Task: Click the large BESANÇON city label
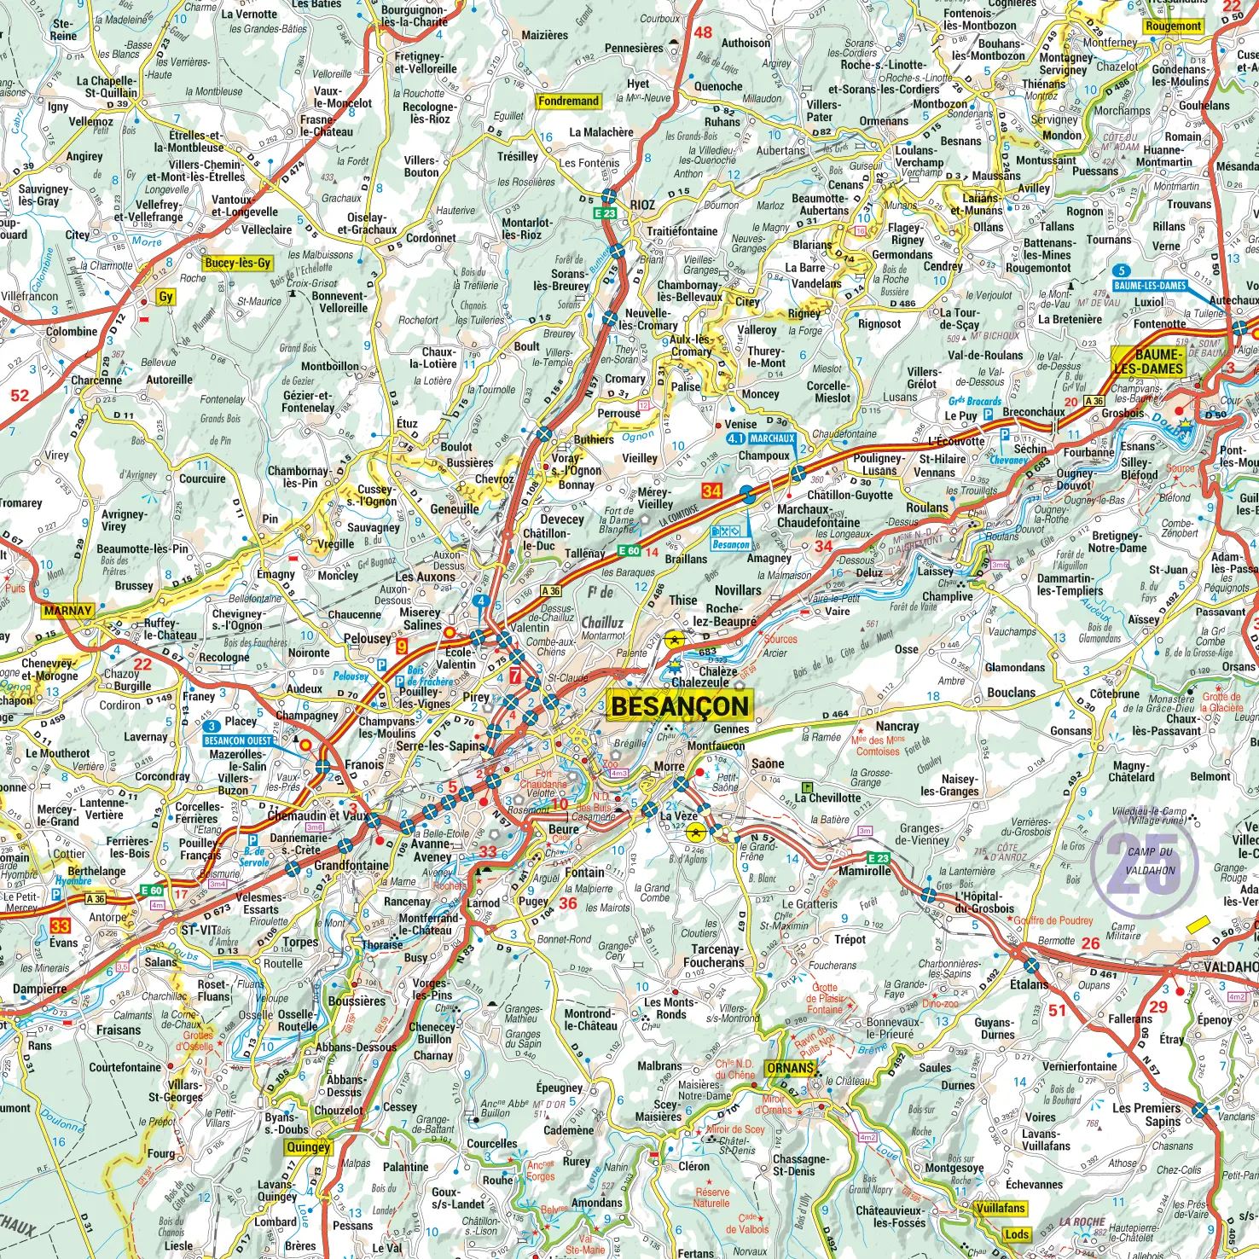coord(680,706)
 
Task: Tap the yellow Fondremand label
coord(568,101)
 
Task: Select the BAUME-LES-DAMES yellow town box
coord(1149,362)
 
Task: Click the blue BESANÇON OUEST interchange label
coord(237,740)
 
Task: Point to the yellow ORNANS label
coord(790,1068)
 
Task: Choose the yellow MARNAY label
coord(67,611)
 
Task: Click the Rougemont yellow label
coord(1173,26)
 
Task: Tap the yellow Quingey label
coord(308,1147)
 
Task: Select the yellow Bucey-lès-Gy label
coord(238,263)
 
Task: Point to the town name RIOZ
coord(643,205)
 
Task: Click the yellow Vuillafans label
coord(1001,1208)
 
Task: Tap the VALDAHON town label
coord(1230,966)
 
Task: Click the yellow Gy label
coord(165,297)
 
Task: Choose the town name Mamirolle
coord(865,871)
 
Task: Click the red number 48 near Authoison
coord(702,32)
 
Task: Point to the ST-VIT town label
coord(199,930)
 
